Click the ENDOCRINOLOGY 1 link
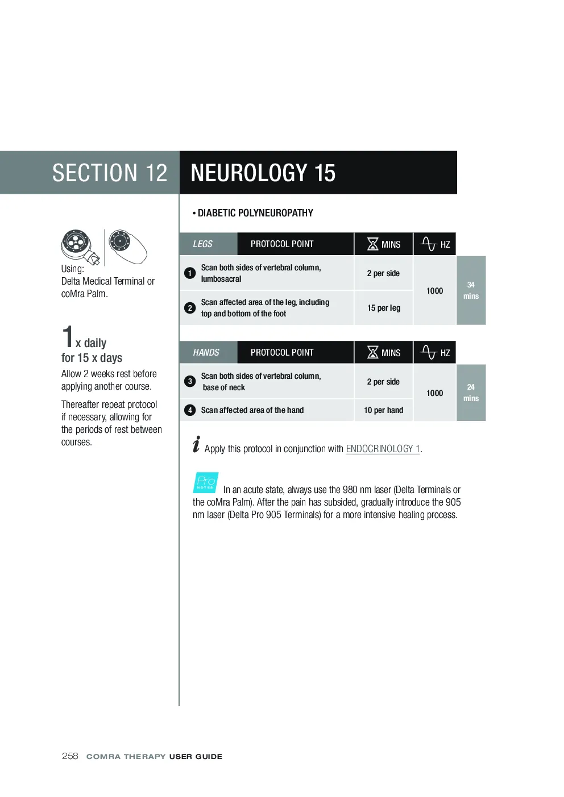[x=383, y=449]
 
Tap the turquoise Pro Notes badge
[x=205, y=482]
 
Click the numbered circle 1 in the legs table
[x=190, y=273]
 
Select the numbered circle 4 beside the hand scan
[x=190, y=410]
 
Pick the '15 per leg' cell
[x=383, y=308]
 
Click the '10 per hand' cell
[x=383, y=410]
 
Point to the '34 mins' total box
[x=471, y=290]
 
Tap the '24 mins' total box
[x=471, y=393]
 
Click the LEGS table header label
[x=202, y=244]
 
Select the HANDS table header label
[x=206, y=353]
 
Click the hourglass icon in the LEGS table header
[x=372, y=244]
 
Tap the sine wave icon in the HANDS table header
[x=428, y=353]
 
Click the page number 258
[x=70, y=756]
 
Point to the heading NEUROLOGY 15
[x=263, y=173]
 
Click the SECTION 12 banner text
[x=110, y=173]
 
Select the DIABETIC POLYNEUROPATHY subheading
[x=253, y=213]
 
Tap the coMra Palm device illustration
[x=128, y=247]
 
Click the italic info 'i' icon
[x=196, y=444]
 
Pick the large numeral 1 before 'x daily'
[x=67, y=336]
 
